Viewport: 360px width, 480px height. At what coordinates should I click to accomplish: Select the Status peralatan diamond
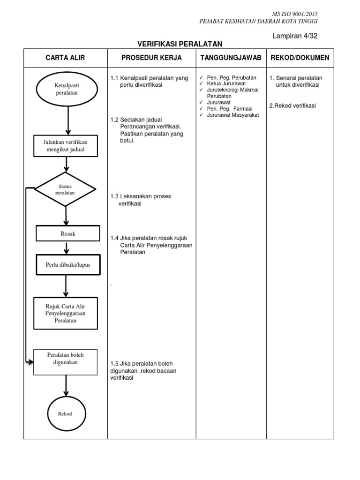pyautogui.click(x=65, y=189)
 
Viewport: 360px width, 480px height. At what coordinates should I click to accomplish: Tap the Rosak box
pyautogui.click(x=68, y=233)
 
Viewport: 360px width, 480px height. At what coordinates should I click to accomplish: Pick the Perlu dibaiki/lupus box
pyautogui.click(x=68, y=265)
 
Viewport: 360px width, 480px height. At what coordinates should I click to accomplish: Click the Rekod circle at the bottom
pyautogui.click(x=65, y=413)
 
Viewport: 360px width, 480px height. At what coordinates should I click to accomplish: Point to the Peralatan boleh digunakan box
pyautogui.click(x=66, y=361)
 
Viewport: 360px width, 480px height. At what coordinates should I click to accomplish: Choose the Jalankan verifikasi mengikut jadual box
pyautogui.click(x=66, y=146)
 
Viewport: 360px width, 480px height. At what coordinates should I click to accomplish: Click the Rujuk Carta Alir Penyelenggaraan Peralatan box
pyautogui.click(x=66, y=313)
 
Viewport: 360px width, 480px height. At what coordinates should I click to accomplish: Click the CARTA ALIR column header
pyautogui.click(x=65, y=58)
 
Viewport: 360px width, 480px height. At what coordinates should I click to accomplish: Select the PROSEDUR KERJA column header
pyautogui.click(x=151, y=58)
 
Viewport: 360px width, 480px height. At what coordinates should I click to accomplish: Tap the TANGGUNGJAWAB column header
pyautogui.click(x=230, y=58)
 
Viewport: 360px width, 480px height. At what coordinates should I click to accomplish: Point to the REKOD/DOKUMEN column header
pyautogui.click(x=300, y=58)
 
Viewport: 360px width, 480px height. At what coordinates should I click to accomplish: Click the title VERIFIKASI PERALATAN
pyautogui.click(x=180, y=44)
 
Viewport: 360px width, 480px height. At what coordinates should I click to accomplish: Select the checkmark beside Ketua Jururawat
pyautogui.click(x=201, y=83)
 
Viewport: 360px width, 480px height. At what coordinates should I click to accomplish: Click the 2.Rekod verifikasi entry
pyautogui.click(x=292, y=105)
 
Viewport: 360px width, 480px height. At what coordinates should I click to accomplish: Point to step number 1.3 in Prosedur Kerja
pyautogui.click(x=115, y=196)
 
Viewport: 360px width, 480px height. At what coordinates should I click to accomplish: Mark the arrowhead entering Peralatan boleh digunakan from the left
pyautogui.click(x=31, y=361)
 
